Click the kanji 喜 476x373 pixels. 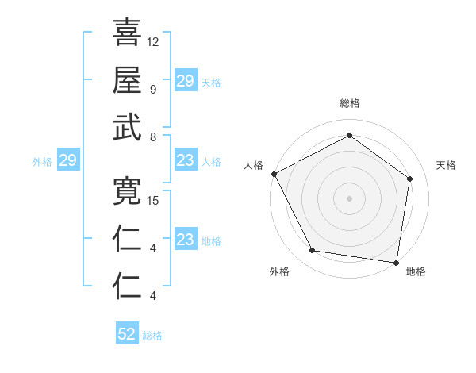click(127, 33)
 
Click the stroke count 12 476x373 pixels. click(153, 41)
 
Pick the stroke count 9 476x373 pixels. click(152, 89)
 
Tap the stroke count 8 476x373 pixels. click(152, 137)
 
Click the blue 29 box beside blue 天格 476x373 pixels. click(185, 81)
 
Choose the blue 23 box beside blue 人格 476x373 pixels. click(185, 161)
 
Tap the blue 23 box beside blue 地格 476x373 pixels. click(185, 240)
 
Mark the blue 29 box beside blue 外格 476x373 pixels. click(67, 161)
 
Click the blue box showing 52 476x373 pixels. click(127, 334)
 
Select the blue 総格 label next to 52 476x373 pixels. click(152, 336)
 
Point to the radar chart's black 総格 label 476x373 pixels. click(350, 104)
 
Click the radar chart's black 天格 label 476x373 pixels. click(446, 165)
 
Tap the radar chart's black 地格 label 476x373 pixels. click(416, 272)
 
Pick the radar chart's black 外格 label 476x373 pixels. click(279, 272)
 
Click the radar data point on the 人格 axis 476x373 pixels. click(274, 174)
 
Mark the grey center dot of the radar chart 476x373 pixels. click(349, 198)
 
